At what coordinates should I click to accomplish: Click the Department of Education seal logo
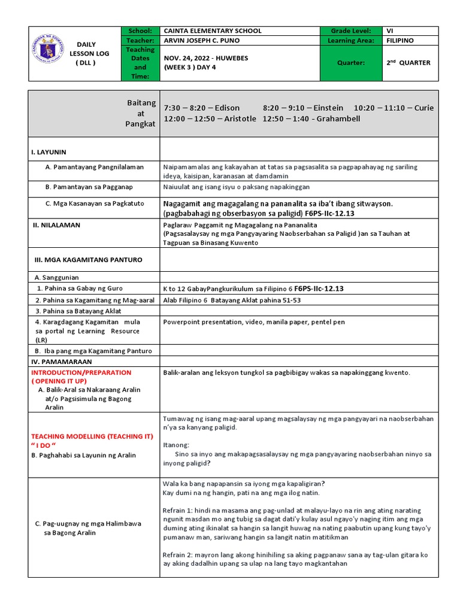49,53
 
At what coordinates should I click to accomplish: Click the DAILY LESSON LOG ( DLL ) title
86,53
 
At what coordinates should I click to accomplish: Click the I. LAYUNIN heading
49,152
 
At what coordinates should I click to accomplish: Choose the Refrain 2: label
181,554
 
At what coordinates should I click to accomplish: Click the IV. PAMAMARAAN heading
59,362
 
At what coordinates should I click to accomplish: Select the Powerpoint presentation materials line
254,322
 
